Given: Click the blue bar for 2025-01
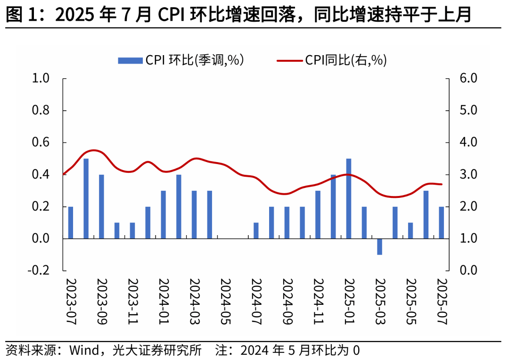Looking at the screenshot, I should pyautogui.click(x=349, y=199).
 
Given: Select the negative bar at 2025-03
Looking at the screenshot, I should pyautogui.click(x=379, y=246).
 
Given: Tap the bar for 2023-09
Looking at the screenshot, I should pyautogui.click(x=101, y=207).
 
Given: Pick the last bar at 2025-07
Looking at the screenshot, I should pyautogui.click(x=442, y=223).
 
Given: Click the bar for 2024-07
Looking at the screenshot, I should pyautogui.click(x=256, y=231).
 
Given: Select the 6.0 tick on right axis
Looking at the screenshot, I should pyautogui.click(x=468, y=78).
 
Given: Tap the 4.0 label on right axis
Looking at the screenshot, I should pyautogui.click(x=468, y=142).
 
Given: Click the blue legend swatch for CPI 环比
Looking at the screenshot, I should pyautogui.click(x=130, y=60).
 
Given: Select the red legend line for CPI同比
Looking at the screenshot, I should pyautogui.click(x=289, y=60).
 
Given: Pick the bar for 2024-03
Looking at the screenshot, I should pyautogui.click(x=194, y=215).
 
